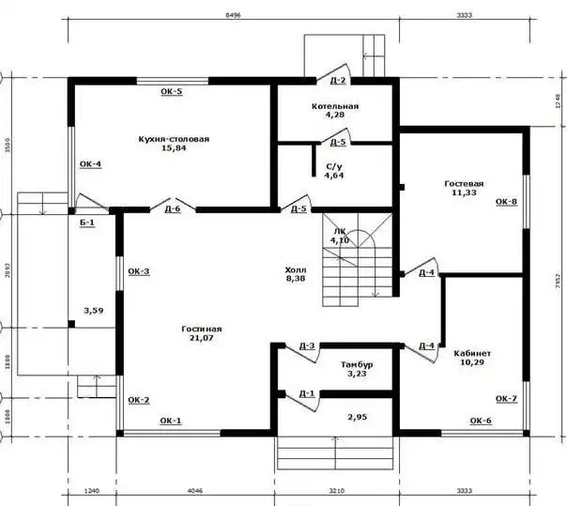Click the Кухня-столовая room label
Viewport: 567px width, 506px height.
(x=173, y=138)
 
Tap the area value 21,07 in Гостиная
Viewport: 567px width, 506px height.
(x=202, y=339)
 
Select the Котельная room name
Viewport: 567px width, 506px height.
(x=335, y=107)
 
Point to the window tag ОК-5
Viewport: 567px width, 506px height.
(x=171, y=91)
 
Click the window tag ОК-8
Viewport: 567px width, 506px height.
(x=506, y=201)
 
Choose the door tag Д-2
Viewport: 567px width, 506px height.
(x=338, y=81)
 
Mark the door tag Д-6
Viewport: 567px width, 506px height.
(x=172, y=208)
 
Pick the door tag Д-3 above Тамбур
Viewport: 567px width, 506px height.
(x=307, y=345)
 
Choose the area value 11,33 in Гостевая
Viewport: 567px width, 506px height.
(x=465, y=192)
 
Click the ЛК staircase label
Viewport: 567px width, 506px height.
(x=340, y=231)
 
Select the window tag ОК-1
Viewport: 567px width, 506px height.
(x=171, y=421)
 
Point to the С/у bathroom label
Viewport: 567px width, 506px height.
(x=333, y=165)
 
